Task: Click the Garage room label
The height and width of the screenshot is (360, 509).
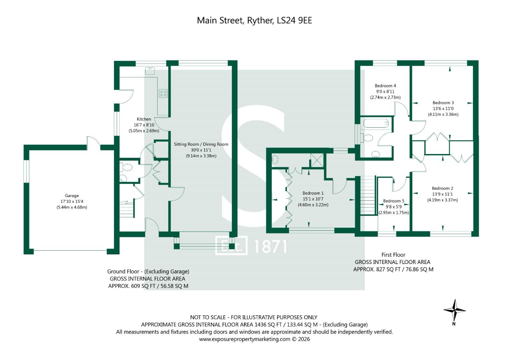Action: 72,195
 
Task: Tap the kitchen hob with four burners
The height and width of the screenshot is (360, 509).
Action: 163,93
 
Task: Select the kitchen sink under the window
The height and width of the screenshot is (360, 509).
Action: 150,71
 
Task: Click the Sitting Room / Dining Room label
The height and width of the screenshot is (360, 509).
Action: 201,144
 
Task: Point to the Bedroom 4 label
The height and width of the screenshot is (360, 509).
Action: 385,86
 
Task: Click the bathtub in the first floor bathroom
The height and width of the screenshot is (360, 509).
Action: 376,123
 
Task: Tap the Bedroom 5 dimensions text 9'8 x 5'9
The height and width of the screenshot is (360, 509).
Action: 394,207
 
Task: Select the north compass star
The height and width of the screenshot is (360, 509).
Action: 454,310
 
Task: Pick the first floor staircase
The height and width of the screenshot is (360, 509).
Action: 367,195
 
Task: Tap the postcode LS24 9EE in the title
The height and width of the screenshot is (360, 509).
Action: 294,20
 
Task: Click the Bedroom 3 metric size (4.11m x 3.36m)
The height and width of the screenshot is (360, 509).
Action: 443,114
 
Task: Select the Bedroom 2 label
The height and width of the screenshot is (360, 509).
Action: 442,188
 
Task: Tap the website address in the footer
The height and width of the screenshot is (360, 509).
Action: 245,339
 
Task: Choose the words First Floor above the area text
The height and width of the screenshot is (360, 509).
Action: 393,255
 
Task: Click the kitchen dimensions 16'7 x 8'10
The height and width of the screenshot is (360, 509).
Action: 144,125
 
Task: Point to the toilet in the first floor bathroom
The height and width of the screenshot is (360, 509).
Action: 367,138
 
